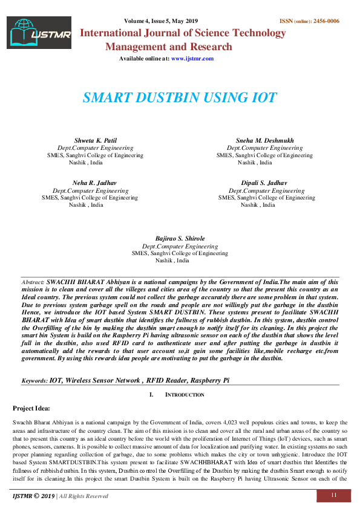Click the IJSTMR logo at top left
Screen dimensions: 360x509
coord(39,33)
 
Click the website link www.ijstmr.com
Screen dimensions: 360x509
coord(192,59)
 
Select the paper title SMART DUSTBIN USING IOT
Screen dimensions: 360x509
coord(180,98)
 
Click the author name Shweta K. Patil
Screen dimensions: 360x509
coord(95,140)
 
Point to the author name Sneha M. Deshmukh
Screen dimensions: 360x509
coord(264,140)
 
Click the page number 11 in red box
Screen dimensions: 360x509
coord(333,496)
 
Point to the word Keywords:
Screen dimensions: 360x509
coord(34,381)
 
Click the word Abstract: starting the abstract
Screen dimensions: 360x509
coord(33,282)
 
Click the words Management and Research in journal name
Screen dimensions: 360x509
coord(168,47)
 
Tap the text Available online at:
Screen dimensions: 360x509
coord(144,59)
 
